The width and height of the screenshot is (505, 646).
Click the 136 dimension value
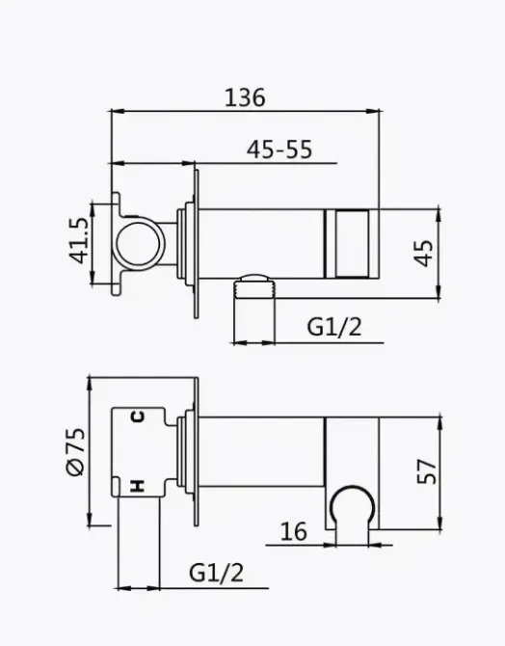click(x=245, y=97)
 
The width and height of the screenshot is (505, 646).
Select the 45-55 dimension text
click(x=279, y=149)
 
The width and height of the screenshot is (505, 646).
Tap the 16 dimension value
click(x=295, y=530)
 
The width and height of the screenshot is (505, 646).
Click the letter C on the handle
click(x=138, y=417)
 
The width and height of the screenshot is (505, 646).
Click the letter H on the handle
click(x=138, y=487)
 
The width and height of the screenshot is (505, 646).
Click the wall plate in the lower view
click(x=197, y=453)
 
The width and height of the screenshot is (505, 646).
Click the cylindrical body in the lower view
click(x=260, y=453)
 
